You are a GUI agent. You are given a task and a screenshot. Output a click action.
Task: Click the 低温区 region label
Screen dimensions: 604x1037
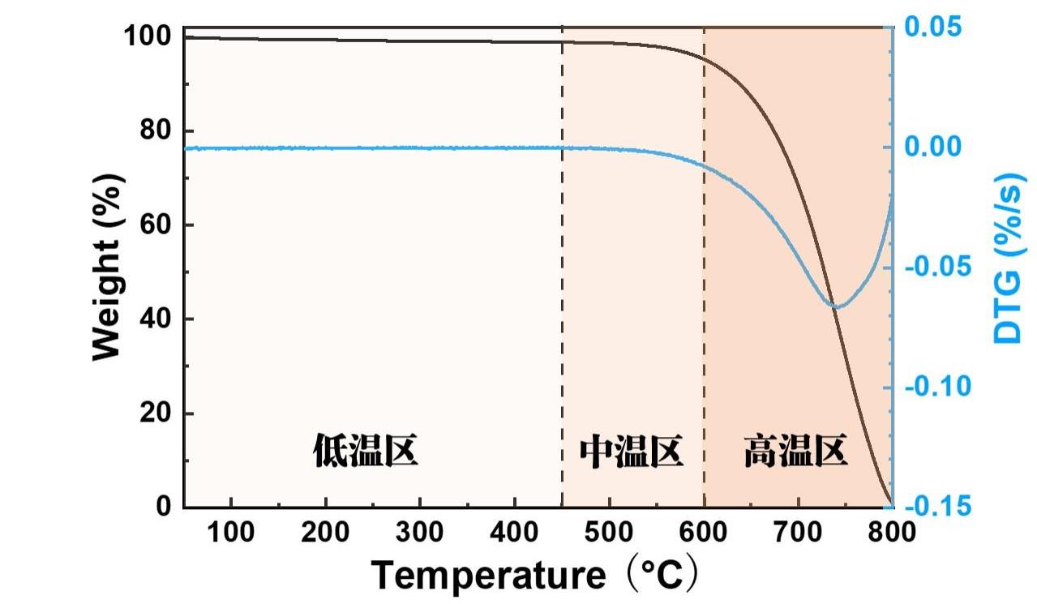tap(366, 452)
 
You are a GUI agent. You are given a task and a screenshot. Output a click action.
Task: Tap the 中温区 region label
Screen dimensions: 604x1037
tap(632, 452)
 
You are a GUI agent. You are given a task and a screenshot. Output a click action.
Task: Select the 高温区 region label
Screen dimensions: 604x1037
tap(795, 452)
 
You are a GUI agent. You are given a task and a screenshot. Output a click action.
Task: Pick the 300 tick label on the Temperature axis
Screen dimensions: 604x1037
tap(420, 533)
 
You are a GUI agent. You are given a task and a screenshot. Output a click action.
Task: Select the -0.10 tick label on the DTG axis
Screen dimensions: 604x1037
tap(936, 387)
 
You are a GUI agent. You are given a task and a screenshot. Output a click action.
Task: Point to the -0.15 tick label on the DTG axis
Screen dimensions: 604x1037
tap(936, 507)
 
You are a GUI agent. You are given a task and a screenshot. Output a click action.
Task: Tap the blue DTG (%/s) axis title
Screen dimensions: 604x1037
tap(1008, 257)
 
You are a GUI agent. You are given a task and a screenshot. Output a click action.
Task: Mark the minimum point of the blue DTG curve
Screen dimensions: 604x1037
tap(838, 306)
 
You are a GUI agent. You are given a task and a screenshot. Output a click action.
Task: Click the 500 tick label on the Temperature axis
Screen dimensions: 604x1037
tap(609, 533)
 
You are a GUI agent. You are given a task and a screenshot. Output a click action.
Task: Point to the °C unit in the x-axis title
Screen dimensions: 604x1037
tap(663, 576)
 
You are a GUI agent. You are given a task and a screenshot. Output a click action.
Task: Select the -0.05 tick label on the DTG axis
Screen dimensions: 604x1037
tap(936, 267)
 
